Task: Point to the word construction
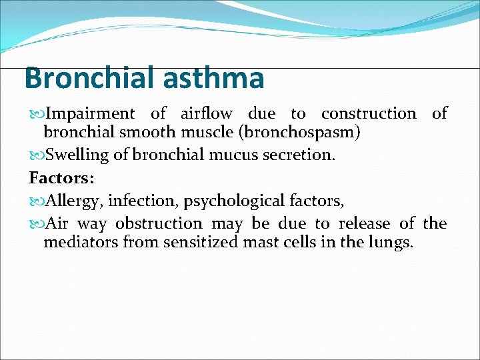point(368,114)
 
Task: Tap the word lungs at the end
point(393,241)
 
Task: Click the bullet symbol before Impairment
point(37,115)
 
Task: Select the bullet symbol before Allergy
point(37,201)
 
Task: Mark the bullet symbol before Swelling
point(37,155)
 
